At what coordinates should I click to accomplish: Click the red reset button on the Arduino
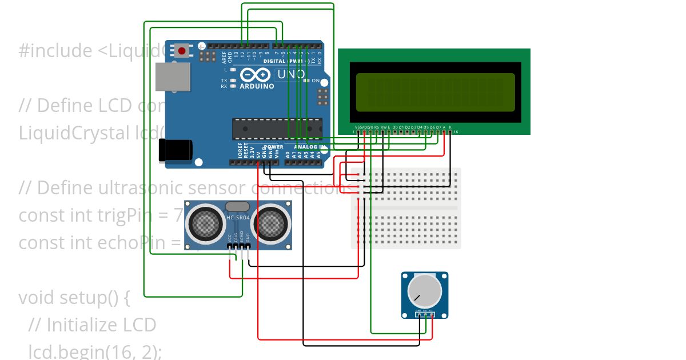182,51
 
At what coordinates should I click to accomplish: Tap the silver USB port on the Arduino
172,77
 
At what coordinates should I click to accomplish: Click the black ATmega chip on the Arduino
277,129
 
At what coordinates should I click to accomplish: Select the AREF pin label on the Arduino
224,56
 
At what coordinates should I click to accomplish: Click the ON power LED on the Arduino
307,81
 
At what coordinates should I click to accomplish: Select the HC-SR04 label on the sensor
238,218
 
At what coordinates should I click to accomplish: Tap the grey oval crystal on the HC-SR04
238,206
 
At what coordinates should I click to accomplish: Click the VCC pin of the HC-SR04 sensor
230,246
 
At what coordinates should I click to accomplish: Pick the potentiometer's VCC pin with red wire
432,314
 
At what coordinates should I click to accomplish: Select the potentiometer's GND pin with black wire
418,314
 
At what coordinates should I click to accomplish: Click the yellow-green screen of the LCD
435,92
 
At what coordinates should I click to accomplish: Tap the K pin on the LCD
450,131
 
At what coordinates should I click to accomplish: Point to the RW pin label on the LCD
382,126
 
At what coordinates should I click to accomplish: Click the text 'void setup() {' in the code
75,298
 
